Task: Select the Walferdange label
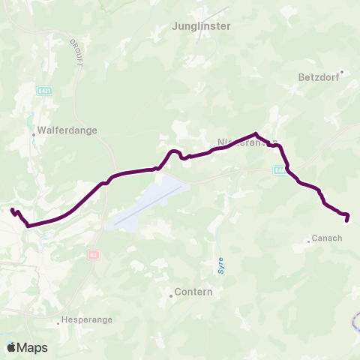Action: click(x=72, y=130)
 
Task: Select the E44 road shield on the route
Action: click(x=279, y=170)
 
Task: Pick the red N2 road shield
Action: click(x=93, y=255)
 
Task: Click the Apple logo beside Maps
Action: click(x=12, y=347)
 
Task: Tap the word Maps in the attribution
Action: click(x=33, y=347)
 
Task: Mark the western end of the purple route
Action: click(x=12, y=211)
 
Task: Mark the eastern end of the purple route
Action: click(x=346, y=220)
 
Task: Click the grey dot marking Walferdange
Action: click(x=34, y=135)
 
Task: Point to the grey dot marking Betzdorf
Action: click(x=341, y=73)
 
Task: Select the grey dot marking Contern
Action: click(x=171, y=295)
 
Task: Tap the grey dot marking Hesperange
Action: click(x=58, y=323)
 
